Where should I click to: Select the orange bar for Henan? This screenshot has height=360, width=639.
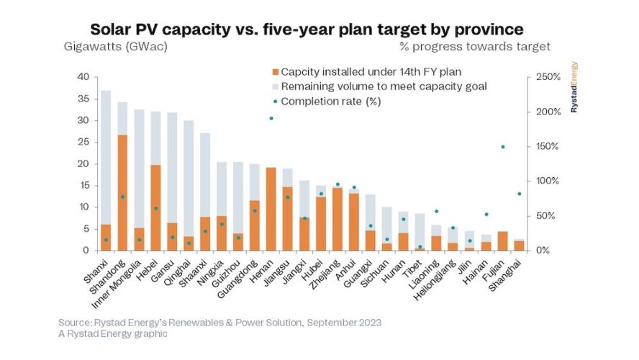coord(271,209)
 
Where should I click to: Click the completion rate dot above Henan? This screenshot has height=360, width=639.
coord(271,118)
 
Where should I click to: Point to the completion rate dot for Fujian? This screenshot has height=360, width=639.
coord(502,147)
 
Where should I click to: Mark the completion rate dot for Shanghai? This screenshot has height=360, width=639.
coord(519,194)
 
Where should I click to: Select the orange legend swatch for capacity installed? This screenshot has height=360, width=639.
coord(275,72)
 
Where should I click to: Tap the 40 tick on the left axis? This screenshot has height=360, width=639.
coord(83,77)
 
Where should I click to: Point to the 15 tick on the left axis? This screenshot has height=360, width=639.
coord(83,186)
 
